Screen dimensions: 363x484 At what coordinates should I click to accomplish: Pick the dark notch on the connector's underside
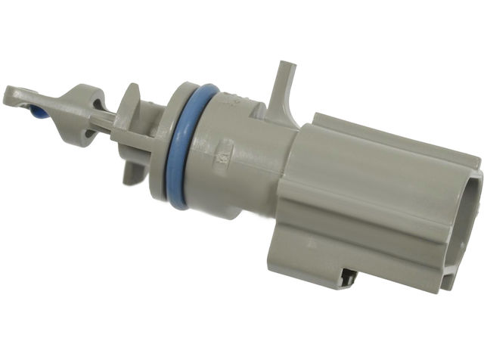[x=349, y=278]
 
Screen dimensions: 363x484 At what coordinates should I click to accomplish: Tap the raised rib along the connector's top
[x=393, y=136]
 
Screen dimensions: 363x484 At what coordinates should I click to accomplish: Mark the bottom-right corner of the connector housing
[x=454, y=287]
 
